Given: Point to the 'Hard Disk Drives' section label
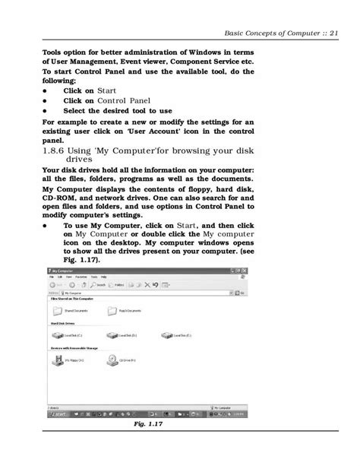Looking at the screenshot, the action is coord(63,323).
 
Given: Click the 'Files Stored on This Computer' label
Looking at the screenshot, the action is coord(71,299).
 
